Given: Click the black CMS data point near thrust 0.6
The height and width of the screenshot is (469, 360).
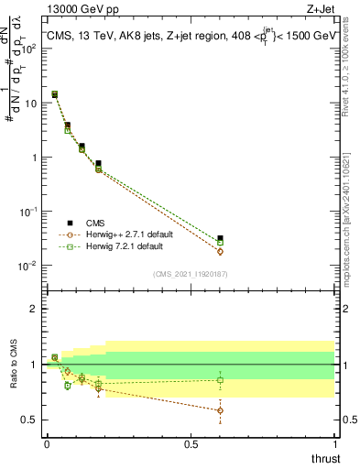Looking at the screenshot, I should [220, 239].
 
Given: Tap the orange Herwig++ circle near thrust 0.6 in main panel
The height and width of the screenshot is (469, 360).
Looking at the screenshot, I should [220, 251].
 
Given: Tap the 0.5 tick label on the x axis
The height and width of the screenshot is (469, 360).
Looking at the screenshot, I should [191, 443].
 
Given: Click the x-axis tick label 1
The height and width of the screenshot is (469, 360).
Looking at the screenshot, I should [335, 443].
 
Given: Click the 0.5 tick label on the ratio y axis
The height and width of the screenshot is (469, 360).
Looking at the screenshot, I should [29, 420].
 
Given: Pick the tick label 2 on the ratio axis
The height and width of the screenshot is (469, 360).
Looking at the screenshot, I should [34, 309].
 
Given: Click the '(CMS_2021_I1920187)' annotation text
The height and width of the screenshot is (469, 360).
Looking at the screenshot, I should [191, 274].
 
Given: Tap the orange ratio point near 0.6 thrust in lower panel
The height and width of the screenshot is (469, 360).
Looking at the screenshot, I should [220, 410].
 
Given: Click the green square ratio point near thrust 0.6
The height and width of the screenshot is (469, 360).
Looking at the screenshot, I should [220, 380].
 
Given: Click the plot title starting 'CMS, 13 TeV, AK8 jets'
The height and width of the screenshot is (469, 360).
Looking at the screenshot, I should [192, 36].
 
